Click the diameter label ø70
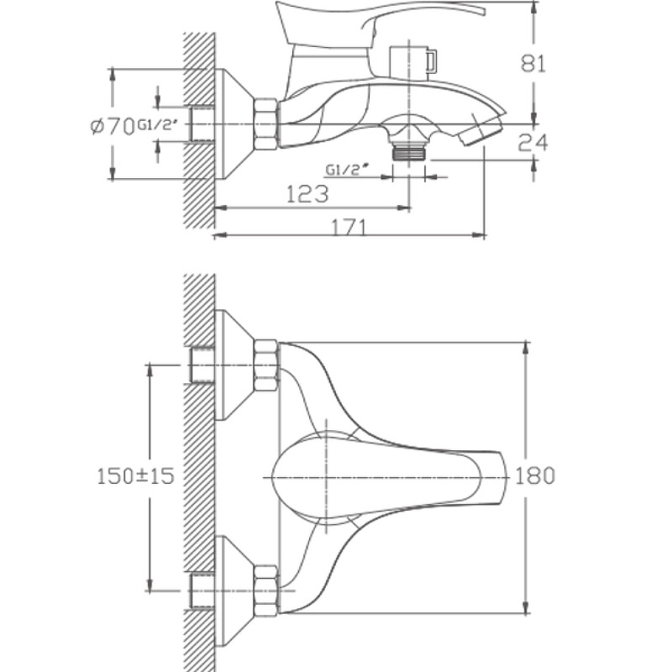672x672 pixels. click(x=112, y=126)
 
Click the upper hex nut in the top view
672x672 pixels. click(x=266, y=367)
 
